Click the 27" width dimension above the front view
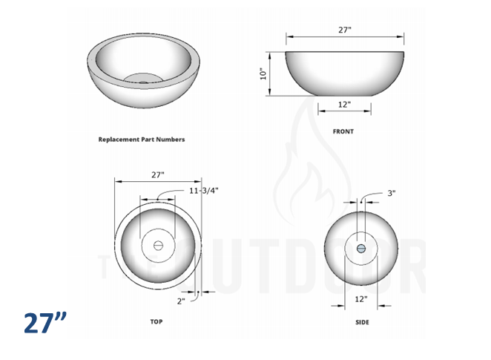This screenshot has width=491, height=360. point(344,30)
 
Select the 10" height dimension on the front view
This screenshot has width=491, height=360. point(263,73)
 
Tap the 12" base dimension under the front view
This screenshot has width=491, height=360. point(344,105)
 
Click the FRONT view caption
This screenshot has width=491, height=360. point(343,131)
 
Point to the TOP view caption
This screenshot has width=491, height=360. point(156,321)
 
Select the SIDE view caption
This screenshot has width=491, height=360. point(361,322)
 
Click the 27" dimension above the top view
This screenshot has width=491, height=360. point(157,175)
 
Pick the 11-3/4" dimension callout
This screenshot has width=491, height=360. point(204,191)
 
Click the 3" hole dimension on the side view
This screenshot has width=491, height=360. point(391,193)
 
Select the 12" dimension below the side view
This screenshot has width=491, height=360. point(361,299)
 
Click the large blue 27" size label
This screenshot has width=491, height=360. point(45,323)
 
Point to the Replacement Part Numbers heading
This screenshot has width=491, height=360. point(142,139)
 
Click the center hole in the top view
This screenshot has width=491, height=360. point(157,245)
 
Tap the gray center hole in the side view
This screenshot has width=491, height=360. point(361,248)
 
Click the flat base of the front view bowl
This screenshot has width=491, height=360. point(344,94)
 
